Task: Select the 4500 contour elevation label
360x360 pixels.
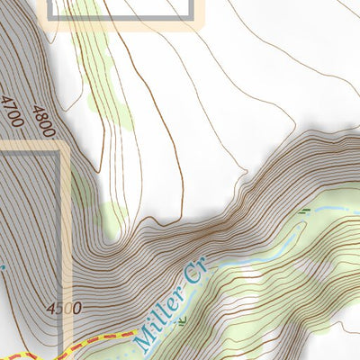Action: [64, 309]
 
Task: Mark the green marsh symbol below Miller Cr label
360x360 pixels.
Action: [184, 319]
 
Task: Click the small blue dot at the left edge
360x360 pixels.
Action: [2, 266]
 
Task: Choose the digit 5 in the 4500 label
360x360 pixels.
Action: [58, 309]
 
